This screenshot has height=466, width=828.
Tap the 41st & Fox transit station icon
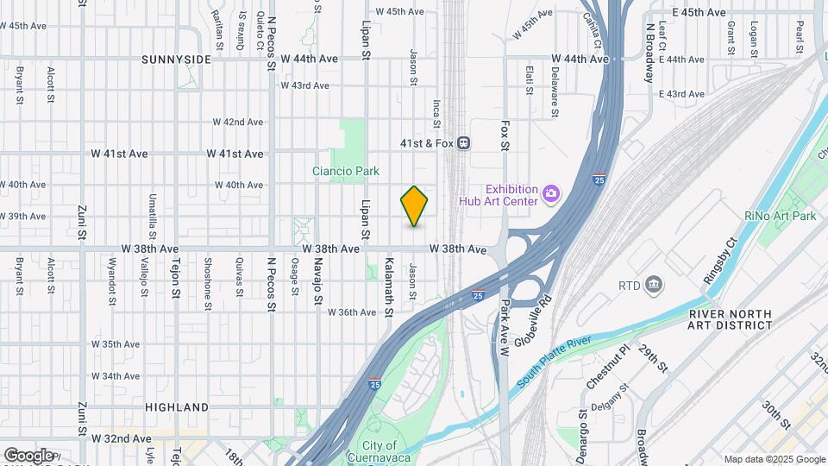(463, 142)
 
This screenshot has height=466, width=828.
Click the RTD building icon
(654, 285)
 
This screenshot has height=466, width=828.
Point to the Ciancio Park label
(345, 171)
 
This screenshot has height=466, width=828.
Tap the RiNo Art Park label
(780, 216)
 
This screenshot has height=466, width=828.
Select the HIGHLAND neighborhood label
(177, 406)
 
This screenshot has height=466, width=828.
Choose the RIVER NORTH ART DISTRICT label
(731, 318)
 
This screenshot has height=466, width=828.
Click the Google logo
(28, 455)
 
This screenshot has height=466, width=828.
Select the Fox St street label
(505, 135)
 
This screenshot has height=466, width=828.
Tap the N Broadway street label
(649, 52)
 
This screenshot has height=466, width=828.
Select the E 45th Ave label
(699, 12)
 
